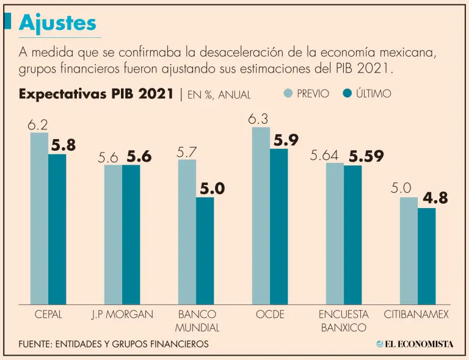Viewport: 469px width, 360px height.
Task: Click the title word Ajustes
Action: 57,23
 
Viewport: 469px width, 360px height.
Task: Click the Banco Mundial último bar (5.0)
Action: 205,250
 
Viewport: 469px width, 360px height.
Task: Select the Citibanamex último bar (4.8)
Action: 427,256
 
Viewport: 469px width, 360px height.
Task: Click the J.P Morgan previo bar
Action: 113,234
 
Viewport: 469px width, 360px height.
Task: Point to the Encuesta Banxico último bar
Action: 353,235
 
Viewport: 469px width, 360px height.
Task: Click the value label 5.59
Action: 366,156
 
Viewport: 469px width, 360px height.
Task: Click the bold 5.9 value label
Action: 286,140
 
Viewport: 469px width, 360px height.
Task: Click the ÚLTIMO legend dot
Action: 348,93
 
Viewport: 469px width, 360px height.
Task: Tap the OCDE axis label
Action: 269,315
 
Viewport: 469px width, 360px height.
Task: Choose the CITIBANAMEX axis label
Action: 416,315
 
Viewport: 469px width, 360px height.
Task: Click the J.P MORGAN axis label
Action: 122,315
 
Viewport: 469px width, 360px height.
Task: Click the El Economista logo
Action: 415,344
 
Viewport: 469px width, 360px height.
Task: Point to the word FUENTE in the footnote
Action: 34,344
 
